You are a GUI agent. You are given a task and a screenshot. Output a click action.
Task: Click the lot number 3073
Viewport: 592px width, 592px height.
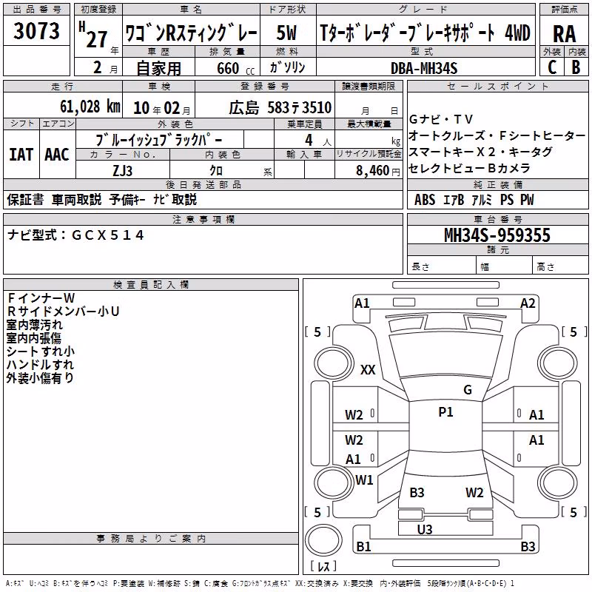pos(36,30)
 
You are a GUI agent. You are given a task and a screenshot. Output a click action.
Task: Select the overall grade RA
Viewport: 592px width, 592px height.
pos(564,34)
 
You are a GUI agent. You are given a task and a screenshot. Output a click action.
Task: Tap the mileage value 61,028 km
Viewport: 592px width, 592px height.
pos(90,107)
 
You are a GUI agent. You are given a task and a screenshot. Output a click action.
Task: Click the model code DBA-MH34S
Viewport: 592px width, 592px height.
pos(424,68)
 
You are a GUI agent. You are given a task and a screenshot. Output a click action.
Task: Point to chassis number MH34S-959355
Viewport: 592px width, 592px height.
pos(497,235)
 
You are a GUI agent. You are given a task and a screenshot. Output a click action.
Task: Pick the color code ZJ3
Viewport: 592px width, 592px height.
pos(122,171)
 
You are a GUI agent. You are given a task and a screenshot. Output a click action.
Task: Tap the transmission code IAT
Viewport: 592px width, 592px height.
pos(21,155)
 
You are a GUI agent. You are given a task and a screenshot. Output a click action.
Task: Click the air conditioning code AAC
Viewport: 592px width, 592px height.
pos(57,155)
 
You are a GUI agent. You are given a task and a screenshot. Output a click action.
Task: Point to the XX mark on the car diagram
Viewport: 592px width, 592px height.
pos(368,369)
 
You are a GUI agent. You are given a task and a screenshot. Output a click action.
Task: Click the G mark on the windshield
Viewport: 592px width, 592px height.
pos(468,389)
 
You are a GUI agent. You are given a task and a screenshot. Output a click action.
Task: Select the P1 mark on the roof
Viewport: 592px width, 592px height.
pos(445,412)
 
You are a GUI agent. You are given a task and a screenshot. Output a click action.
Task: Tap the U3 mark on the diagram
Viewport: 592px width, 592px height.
pos(425,530)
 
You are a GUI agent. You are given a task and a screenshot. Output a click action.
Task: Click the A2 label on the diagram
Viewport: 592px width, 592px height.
pos(528,303)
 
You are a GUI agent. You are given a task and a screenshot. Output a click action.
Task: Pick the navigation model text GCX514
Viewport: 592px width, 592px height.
pos(108,235)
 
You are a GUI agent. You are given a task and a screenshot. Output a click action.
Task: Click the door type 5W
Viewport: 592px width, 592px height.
pos(286,33)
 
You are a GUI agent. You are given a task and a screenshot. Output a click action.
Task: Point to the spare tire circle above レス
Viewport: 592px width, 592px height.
pos(323,540)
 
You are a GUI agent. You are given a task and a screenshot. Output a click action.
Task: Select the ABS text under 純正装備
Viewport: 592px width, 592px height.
pos(424,200)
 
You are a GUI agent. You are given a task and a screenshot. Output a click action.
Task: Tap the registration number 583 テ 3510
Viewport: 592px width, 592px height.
pos(299,107)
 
